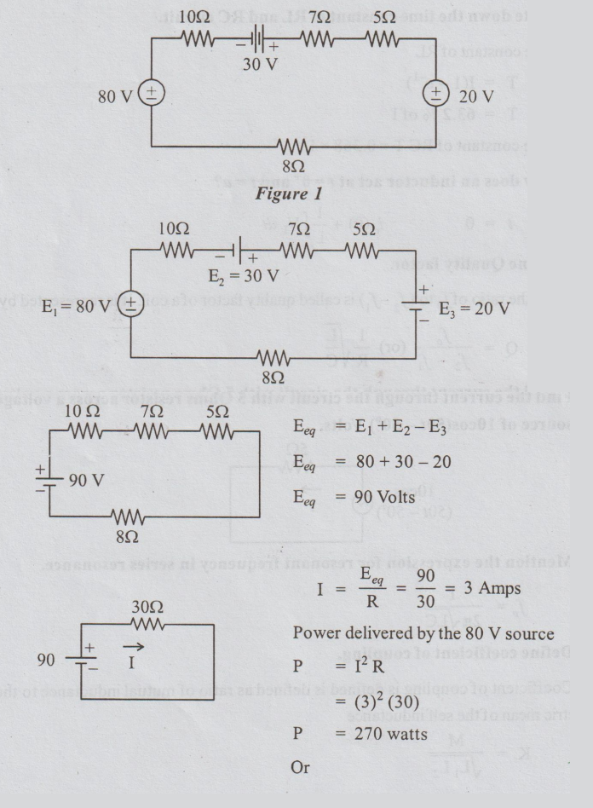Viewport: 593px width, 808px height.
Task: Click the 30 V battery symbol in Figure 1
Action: point(256,39)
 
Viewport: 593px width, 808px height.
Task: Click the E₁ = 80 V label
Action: point(79,305)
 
